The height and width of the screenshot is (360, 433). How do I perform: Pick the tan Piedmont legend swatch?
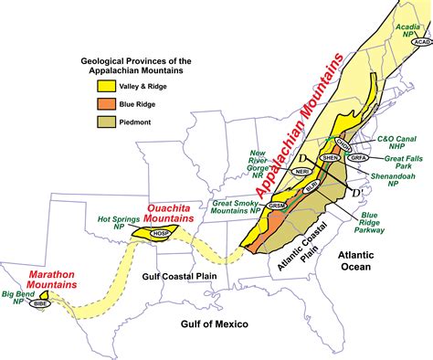[94, 122]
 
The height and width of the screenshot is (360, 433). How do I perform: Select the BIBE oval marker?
[39, 302]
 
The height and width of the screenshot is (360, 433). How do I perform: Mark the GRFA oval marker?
[358, 157]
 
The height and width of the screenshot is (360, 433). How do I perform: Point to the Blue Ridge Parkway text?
[352, 218]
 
